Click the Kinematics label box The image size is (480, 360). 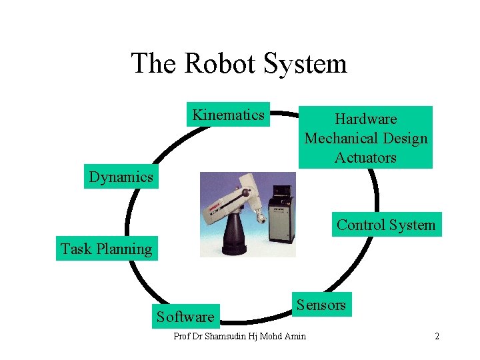[228, 115]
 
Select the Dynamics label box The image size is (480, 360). [121, 177]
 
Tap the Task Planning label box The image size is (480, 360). [107, 249]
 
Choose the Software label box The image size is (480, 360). [185, 316]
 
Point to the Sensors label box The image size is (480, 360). [321, 305]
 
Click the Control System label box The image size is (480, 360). [385, 225]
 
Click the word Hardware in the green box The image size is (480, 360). [365, 119]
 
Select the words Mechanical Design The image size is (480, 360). [365, 139]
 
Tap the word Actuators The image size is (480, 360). [365, 158]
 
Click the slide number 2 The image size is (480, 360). [437, 336]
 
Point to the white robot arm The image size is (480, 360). [230, 200]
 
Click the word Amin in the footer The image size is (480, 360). [294, 336]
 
